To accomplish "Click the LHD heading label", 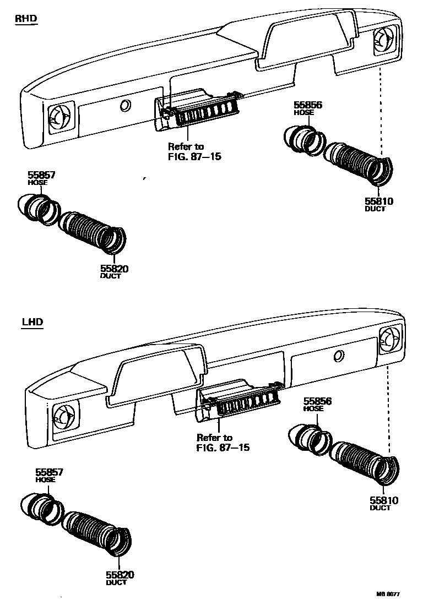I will (x=32, y=322).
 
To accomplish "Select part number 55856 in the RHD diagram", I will (x=308, y=105).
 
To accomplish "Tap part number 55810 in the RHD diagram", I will (x=378, y=201).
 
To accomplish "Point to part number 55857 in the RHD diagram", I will (x=42, y=175).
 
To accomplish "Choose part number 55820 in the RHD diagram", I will (x=114, y=269).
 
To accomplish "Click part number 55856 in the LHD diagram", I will (x=317, y=401).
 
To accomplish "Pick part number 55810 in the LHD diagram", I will (x=383, y=500).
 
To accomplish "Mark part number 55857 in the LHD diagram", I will (x=50, y=472).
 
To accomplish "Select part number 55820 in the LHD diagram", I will (x=120, y=575).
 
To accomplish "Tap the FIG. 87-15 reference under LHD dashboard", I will (x=223, y=447).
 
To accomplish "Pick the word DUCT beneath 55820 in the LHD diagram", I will (x=116, y=582).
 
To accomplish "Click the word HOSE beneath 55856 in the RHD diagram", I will (x=304, y=112).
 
